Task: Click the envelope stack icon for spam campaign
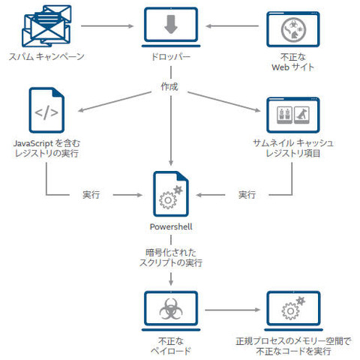pos(44,25)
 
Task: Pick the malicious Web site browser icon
pos(289,28)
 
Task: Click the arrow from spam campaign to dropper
pos(104,27)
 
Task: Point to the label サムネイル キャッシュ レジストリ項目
pos(293,148)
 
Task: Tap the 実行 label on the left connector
pos(92,195)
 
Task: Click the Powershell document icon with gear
pos(170,193)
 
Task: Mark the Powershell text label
pos(170,226)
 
